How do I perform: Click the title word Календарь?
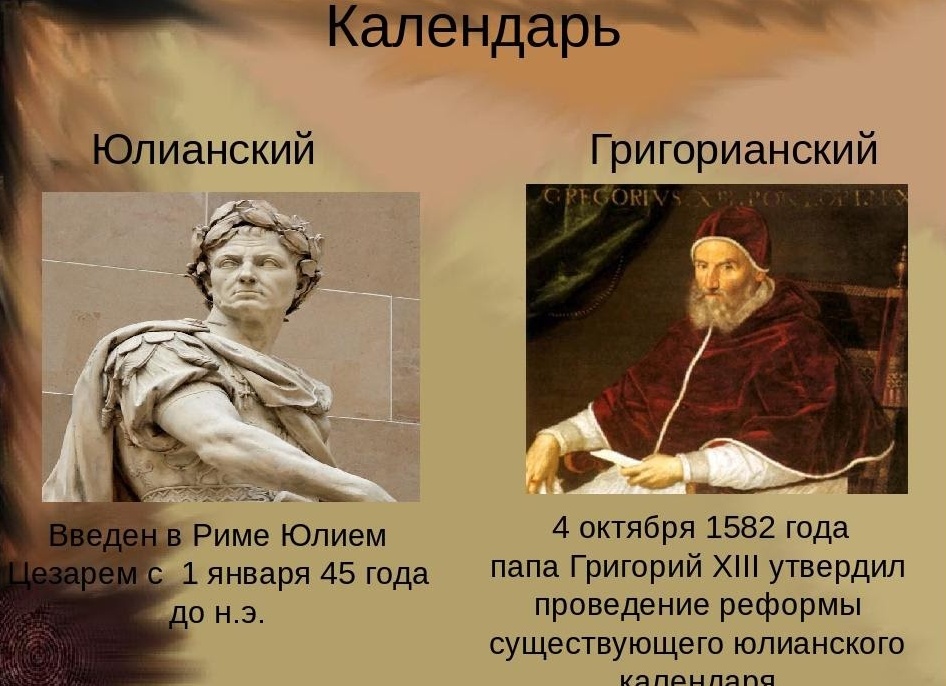(x=473, y=28)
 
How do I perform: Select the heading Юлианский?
(x=203, y=150)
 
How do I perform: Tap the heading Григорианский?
(x=733, y=150)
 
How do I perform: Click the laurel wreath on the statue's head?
(x=257, y=222)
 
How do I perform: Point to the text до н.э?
(x=217, y=613)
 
